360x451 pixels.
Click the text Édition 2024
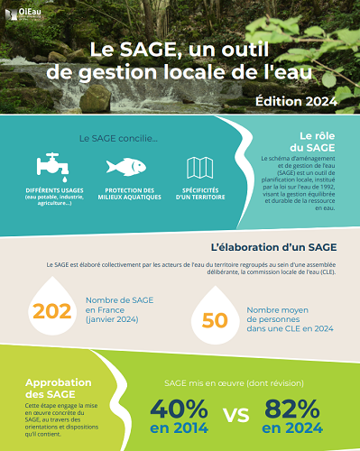(297, 100)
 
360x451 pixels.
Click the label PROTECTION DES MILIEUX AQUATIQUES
(125, 193)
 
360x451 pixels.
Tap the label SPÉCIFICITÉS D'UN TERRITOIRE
(199, 193)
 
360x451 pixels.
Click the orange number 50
(215, 320)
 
